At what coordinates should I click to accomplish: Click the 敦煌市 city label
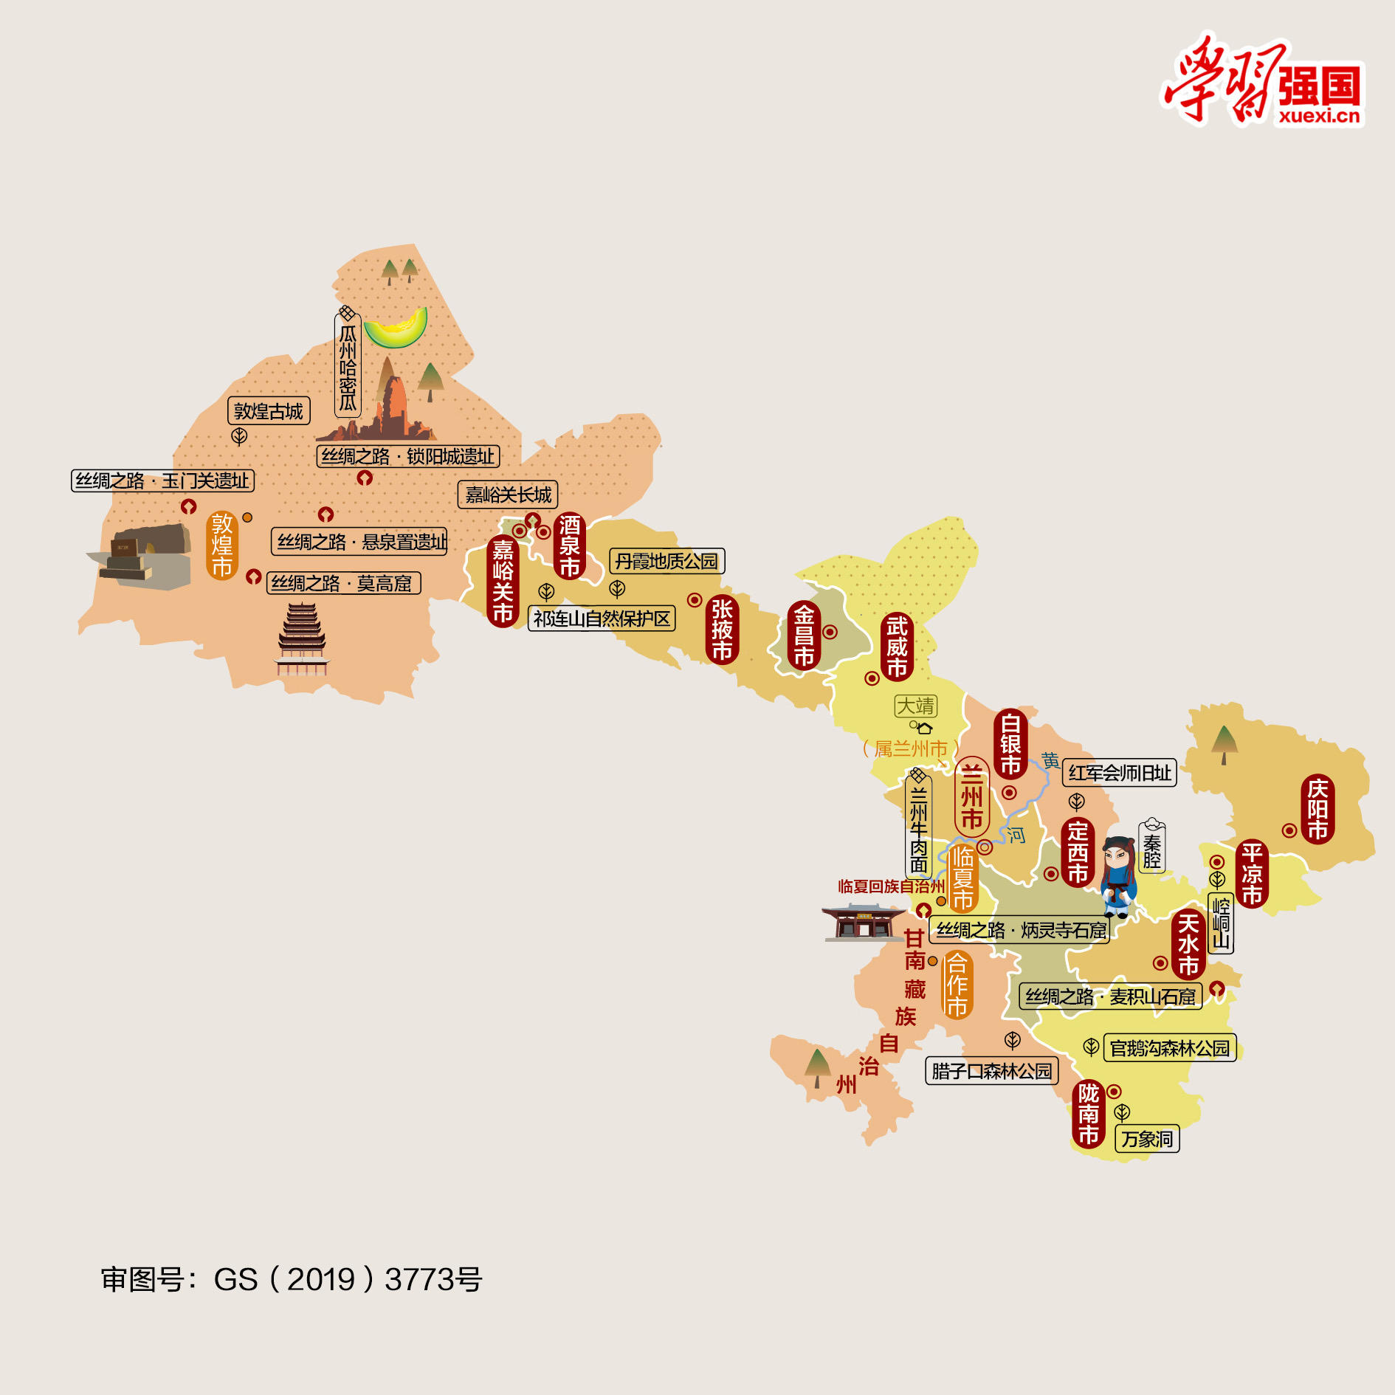pyautogui.click(x=221, y=545)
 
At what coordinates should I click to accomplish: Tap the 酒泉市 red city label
pyautogui.click(x=569, y=545)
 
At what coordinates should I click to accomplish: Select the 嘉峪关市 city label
pyautogui.click(x=503, y=581)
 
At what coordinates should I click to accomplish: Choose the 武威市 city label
pyautogui.click(x=897, y=647)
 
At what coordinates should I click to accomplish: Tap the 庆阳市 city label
pyautogui.click(x=1317, y=809)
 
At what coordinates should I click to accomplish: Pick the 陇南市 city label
pyautogui.click(x=1088, y=1114)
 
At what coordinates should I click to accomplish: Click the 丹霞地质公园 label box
pyautogui.click(x=666, y=561)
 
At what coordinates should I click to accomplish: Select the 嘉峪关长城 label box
pyautogui.click(x=508, y=495)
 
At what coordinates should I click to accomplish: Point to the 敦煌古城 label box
pyautogui.click(x=269, y=411)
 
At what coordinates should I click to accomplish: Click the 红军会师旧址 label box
pyautogui.click(x=1119, y=773)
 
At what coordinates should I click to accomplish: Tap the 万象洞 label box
pyautogui.click(x=1147, y=1139)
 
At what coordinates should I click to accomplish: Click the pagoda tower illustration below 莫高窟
pyautogui.click(x=302, y=639)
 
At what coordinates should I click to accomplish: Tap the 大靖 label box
pyautogui.click(x=915, y=706)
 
